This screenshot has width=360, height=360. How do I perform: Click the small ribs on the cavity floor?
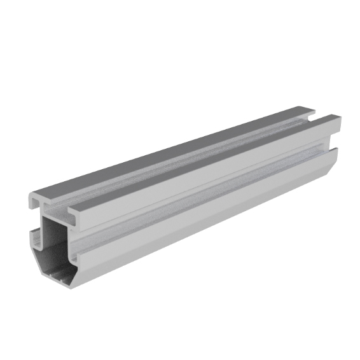click(60, 275)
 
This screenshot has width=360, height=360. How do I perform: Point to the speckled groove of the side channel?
click(204, 191)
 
